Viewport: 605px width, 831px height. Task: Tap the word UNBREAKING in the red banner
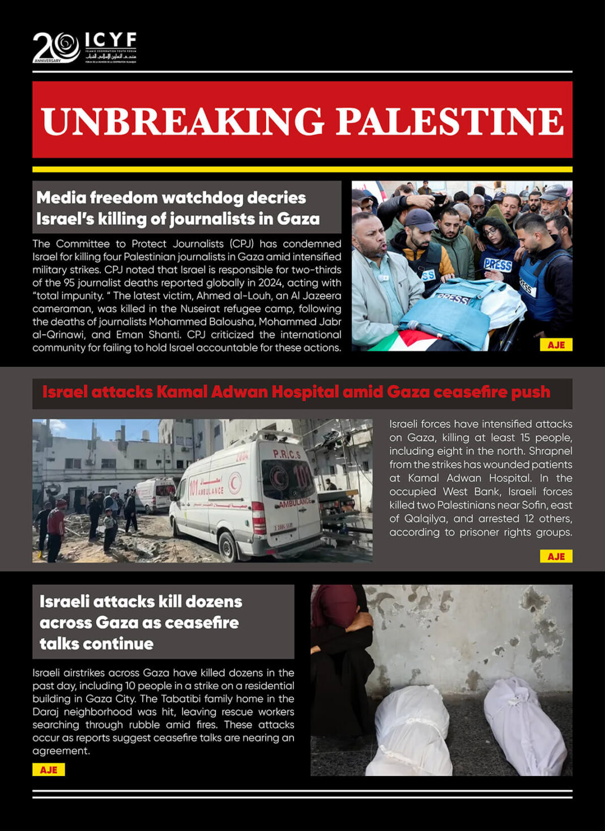182,121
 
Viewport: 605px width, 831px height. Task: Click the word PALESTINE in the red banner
450,121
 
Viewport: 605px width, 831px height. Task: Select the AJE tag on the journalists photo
556,344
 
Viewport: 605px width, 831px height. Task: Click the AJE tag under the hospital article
556,556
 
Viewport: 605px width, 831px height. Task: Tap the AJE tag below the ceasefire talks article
48,769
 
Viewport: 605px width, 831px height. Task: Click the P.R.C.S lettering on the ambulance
287,454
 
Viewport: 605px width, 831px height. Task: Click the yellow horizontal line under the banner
302,169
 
